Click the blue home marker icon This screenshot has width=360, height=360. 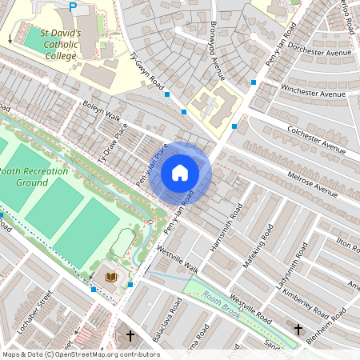point(180,173)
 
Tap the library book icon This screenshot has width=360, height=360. point(111,278)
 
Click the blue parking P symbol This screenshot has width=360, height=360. point(73,7)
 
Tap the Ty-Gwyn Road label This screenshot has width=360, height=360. point(146,71)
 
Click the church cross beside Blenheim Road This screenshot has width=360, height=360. point(298,329)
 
